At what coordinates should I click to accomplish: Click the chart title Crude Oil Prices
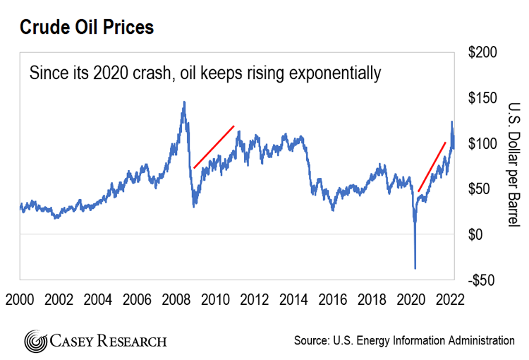tap(87, 28)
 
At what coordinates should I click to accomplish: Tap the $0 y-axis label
tap(478, 234)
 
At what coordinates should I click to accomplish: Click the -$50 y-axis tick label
tap(482, 280)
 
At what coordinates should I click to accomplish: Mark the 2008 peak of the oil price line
tap(184, 102)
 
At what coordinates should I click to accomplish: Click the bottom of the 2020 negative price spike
tap(415, 268)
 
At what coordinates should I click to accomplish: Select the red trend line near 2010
tap(214, 147)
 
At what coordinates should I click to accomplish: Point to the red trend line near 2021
tap(432, 167)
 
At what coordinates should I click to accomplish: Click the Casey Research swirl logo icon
tap(35, 341)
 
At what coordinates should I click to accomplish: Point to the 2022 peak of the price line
tap(451, 122)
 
